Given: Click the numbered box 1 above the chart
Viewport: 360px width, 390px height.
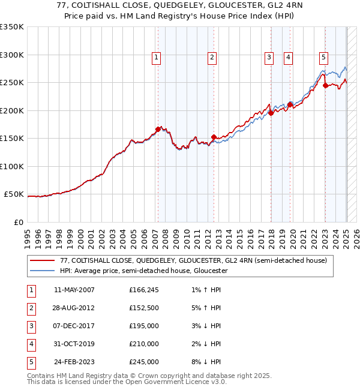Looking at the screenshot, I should pos(156,58).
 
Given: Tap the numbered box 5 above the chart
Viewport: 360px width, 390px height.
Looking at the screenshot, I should pos(323,58).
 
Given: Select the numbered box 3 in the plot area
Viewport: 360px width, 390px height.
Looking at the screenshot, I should pos(269,58).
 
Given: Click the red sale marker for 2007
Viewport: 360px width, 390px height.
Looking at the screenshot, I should pos(158,129).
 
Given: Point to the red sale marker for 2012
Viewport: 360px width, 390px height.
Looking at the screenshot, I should pos(214,137).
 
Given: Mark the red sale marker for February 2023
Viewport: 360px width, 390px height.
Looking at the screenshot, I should pos(325,85).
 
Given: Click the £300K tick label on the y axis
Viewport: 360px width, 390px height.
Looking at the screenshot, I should pos(12,55).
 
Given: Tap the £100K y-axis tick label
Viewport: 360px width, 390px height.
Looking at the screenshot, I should pos(12,166).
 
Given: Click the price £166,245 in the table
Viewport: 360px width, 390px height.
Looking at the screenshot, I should pos(143,290).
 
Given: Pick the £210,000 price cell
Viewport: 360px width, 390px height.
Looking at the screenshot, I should pos(143,344).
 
